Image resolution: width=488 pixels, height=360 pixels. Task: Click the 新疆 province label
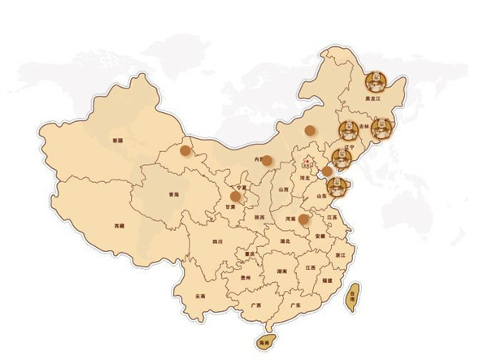click(x=119, y=140)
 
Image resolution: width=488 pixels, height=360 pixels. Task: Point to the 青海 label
click(x=173, y=195)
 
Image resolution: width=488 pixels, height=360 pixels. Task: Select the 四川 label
click(x=217, y=241)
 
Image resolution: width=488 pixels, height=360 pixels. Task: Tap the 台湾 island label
click(x=352, y=300)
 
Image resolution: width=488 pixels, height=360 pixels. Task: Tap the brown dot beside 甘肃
click(x=236, y=196)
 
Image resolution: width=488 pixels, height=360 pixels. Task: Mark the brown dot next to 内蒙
click(x=267, y=160)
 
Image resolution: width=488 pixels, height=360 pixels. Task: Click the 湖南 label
click(x=281, y=271)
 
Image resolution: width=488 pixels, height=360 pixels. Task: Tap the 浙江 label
click(x=340, y=255)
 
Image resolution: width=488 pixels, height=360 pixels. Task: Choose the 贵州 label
click(x=245, y=278)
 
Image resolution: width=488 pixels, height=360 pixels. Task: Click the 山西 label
click(x=284, y=189)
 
